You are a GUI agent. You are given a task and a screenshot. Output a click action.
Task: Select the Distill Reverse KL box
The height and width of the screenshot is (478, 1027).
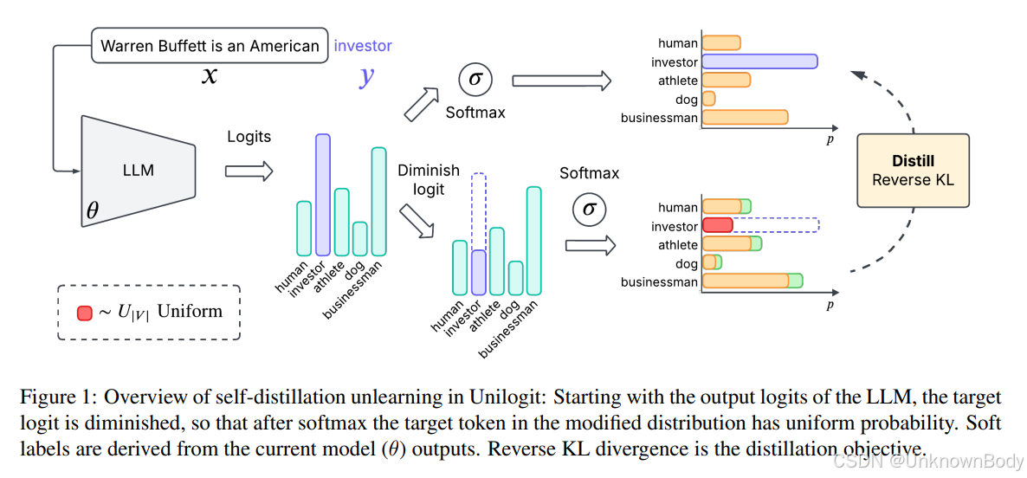tap(913, 171)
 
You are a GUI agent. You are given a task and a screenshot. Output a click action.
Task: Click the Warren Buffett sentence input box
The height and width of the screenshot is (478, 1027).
tap(210, 46)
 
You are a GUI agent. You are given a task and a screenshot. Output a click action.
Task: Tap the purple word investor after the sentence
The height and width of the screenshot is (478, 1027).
tap(363, 46)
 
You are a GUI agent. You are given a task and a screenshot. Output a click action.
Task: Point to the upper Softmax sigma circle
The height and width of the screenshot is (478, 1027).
tap(475, 81)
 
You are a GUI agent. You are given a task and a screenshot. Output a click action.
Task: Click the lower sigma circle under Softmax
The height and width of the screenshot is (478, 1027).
tap(589, 209)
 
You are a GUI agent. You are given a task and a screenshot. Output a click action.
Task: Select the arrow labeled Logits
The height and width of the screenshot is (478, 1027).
tap(249, 171)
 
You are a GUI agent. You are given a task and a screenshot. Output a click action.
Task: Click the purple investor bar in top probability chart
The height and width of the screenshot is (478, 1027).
tap(759, 61)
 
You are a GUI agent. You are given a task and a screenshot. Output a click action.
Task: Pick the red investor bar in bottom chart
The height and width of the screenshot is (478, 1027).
tap(717, 226)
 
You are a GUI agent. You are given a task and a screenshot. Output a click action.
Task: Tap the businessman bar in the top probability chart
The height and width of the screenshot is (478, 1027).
tap(745, 117)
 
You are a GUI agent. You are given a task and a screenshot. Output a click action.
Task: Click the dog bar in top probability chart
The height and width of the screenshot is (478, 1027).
tap(708, 99)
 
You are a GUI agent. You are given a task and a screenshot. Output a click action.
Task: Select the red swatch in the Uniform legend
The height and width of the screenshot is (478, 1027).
tap(84, 313)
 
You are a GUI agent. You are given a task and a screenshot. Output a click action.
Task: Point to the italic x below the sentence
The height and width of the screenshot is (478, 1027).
tap(210, 76)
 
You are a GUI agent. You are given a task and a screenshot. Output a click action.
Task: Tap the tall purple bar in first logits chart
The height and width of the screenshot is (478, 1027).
tap(322, 195)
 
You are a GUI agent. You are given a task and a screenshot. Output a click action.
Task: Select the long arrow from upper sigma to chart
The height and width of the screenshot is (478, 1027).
tap(561, 81)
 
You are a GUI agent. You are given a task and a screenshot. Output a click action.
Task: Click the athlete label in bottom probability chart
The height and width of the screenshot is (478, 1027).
tap(677, 245)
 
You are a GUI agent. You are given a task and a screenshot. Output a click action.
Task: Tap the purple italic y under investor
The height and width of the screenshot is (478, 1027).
tap(367, 76)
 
